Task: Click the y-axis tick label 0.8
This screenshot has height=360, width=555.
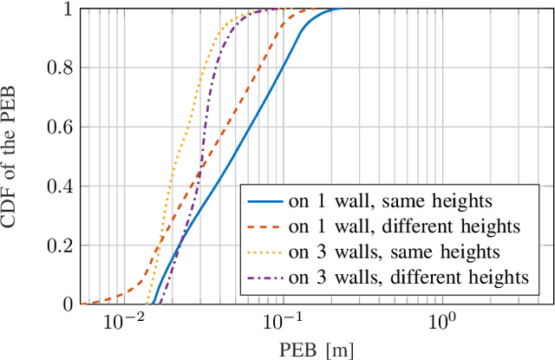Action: (x=58, y=69)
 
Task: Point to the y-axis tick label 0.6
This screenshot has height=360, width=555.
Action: (x=58, y=128)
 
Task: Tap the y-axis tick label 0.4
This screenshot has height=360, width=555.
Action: (x=58, y=187)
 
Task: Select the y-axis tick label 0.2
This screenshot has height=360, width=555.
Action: (x=58, y=245)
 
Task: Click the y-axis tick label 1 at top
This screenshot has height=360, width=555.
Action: (x=65, y=10)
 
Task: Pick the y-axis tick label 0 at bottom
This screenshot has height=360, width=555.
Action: (x=65, y=304)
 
